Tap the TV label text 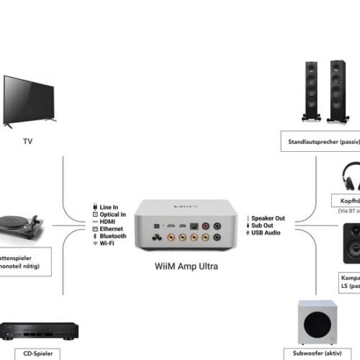tap(27, 142)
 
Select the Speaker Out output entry tap(267, 218)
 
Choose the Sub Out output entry tap(263, 225)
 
